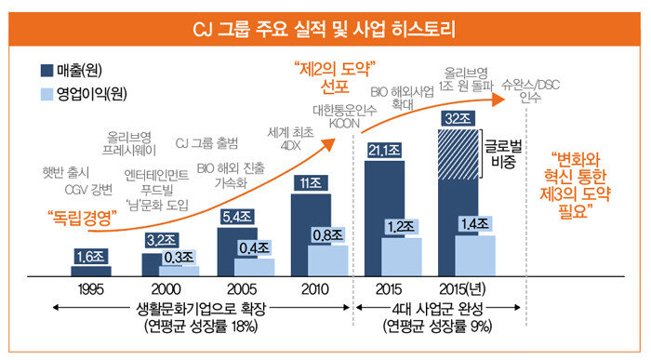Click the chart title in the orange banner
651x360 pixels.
point(325,29)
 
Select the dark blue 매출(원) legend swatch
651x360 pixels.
point(46,70)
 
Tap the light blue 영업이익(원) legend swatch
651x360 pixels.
point(46,94)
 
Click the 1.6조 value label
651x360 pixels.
point(91,257)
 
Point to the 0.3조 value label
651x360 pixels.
point(179,257)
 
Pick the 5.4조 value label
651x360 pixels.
point(237,217)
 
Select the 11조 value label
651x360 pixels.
point(311,183)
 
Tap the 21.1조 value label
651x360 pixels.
point(384,150)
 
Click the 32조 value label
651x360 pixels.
point(458,119)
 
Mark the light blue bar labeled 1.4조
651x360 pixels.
point(475,256)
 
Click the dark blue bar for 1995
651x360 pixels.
point(91,271)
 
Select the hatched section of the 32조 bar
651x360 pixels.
point(458,154)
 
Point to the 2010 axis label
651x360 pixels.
point(314,289)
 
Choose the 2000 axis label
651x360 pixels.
point(166,289)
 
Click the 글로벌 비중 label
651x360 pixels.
point(504,153)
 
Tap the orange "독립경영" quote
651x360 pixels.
point(82,218)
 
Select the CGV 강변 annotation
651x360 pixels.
point(89,190)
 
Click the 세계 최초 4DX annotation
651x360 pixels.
point(290,140)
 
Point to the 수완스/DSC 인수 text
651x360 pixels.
point(531,91)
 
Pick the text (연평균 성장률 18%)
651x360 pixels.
point(202,326)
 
